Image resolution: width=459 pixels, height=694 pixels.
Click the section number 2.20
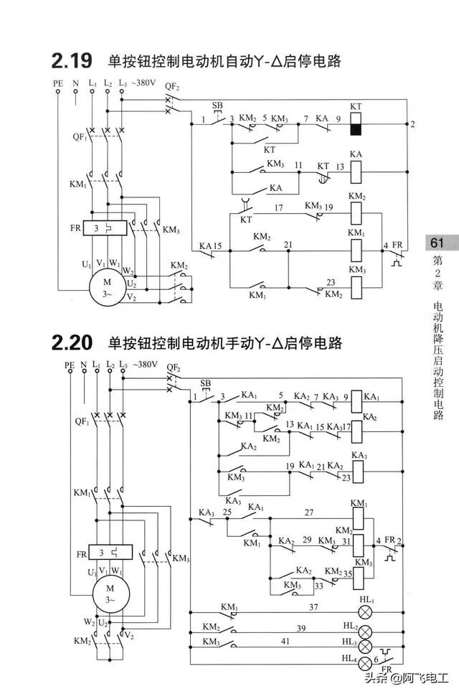point(71,344)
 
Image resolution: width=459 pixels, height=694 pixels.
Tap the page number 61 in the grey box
point(438,243)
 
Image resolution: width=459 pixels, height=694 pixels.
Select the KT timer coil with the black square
point(356,124)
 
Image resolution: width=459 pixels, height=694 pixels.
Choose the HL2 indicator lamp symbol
point(366,632)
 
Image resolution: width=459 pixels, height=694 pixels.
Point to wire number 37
point(313,606)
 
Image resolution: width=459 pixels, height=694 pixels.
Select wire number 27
point(308,512)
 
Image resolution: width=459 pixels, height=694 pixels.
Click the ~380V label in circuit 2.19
point(143,83)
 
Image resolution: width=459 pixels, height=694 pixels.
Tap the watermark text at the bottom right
point(408,680)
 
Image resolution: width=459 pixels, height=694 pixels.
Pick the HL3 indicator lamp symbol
point(366,646)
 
